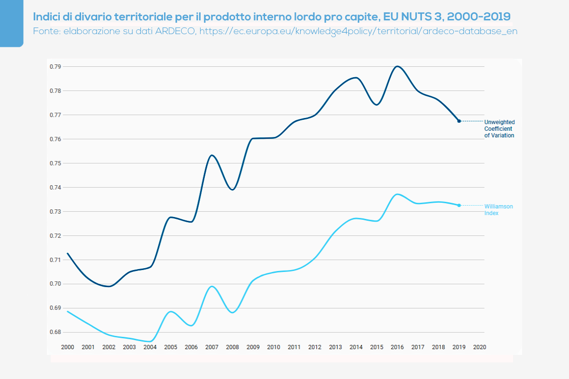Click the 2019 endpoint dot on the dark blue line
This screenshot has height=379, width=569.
(x=459, y=121)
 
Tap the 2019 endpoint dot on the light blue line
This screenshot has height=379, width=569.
(x=459, y=205)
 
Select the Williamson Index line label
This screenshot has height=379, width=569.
(x=498, y=210)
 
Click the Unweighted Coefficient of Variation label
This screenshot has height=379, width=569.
(x=499, y=129)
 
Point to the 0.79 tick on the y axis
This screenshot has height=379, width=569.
(x=55, y=67)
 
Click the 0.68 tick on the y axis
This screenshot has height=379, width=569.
(x=55, y=332)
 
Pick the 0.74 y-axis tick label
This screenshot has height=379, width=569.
(x=55, y=188)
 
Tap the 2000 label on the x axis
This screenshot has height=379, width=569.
(x=67, y=347)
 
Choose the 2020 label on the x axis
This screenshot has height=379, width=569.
(x=480, y=347)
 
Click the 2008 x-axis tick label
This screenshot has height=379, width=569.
(x=232, y=347)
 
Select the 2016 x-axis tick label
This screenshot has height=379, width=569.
(x=397, y=347)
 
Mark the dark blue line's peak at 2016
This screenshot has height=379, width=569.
(x=397, y=66)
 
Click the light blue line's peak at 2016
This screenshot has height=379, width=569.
(x=397, y=194)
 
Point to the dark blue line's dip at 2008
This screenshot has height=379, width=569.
(x=232, y=189)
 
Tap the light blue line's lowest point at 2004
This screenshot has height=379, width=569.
(x=150, y=341)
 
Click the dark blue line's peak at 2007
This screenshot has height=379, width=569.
(x=212, y=155)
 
